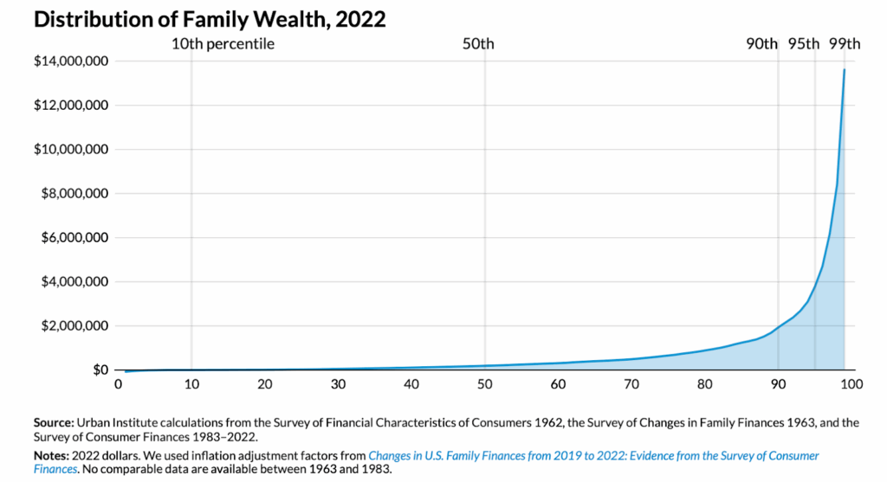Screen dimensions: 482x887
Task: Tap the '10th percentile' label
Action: click(223, 44)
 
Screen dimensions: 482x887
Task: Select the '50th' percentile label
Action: click(478, 44)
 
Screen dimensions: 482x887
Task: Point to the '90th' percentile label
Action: click(762, 44)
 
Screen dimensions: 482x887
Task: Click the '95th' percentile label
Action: click(803, 44)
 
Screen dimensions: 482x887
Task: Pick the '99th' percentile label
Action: click(845, 44)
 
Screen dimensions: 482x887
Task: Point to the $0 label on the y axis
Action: click(100, 370)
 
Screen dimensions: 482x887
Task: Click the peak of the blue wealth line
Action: click(845, 69)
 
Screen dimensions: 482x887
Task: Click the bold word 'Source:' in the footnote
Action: click(53, 422)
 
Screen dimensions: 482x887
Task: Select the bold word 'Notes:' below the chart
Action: click(51, 455)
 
